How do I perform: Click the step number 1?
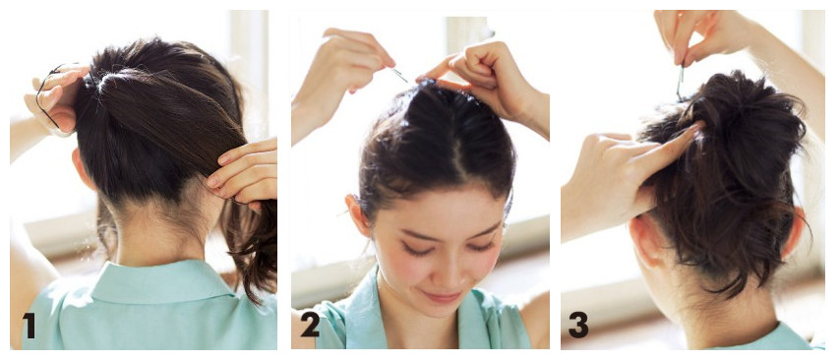29,326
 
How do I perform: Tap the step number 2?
310,325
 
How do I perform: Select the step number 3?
578,325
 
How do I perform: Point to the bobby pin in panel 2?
398,75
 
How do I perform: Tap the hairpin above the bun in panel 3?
681,82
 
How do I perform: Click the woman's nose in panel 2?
446,270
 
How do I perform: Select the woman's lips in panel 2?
442,296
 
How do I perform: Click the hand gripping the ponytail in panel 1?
244,172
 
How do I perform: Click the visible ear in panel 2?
358,214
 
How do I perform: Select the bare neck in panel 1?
160,230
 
